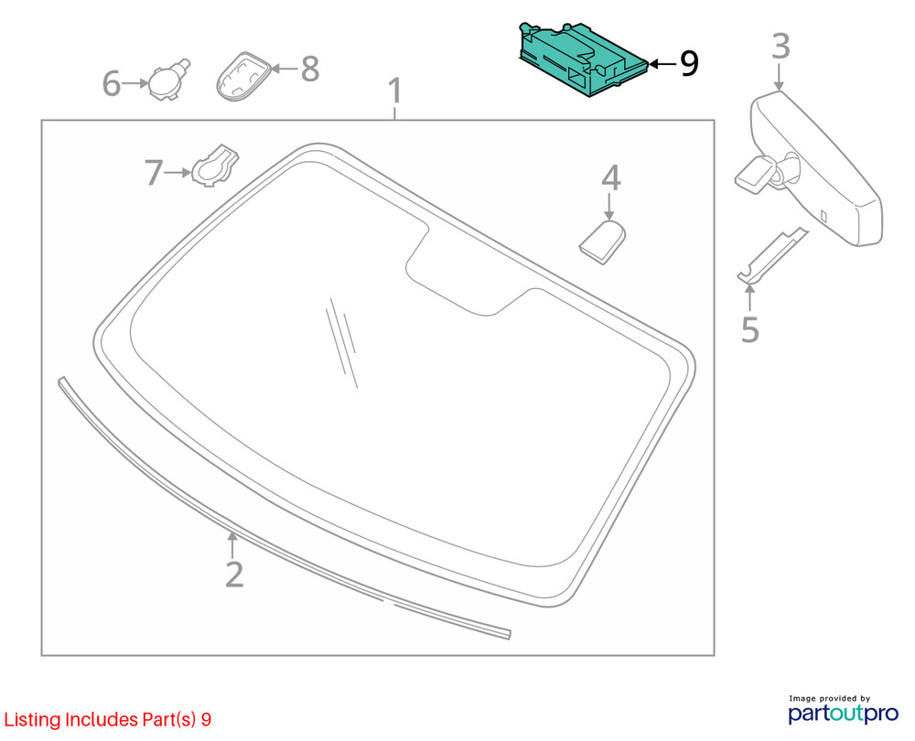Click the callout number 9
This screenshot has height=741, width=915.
pos(689,63)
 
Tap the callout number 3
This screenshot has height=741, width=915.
pos(780,46)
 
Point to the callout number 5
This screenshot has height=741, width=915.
pos(750,330)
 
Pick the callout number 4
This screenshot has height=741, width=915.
pos(611,177)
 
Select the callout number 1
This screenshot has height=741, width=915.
pos(395,91)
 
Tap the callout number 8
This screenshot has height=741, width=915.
pos(310,69)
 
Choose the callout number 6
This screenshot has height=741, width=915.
pos(112,83)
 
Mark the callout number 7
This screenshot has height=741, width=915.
pos(154,173)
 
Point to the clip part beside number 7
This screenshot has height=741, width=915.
pos(215,166)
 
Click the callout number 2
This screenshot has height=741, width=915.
pos(234,575)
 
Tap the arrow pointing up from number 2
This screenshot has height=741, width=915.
pos(232,545)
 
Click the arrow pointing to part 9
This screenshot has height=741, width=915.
pos(662,64)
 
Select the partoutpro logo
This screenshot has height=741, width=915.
pos(844,710)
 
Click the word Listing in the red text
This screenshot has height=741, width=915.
pos(32,720)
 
